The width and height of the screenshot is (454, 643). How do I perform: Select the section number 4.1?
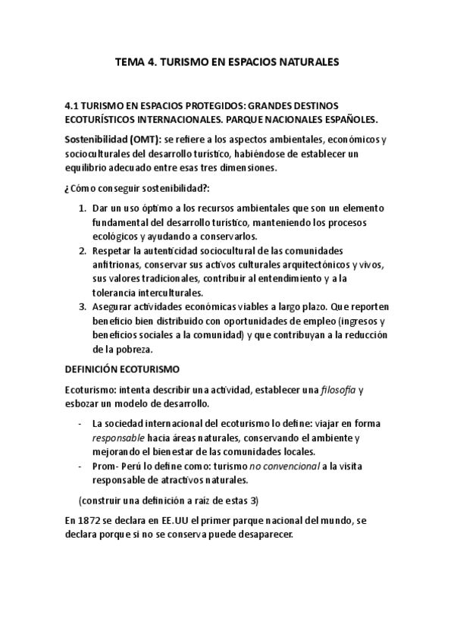coord(74,106)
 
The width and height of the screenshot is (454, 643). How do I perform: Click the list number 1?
coord(83,209)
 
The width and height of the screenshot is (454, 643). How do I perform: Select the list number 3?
coord(83,306)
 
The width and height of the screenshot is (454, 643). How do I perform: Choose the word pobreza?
coord(131,349)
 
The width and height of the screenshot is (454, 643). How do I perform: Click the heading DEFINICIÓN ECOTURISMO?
coord(122,369)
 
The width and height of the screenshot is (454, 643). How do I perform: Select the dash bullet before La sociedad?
coord(80,424)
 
